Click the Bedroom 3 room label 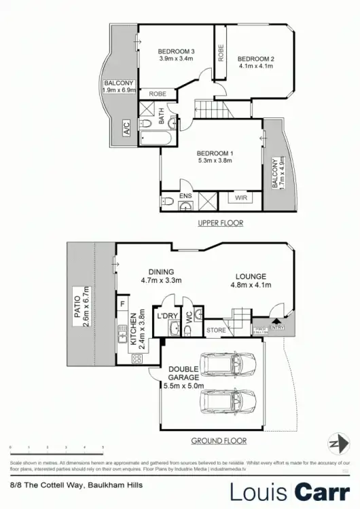coord(177,52)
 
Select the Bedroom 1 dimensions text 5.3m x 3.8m coord(215,161)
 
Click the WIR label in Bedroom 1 coord(241,198)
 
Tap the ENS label coord(185,197)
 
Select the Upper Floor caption coord(221,223)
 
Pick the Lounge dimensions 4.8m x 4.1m coord(251,285)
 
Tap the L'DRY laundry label coord(168,317)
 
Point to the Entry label coord(276,328)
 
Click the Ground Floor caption coord(218,440)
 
